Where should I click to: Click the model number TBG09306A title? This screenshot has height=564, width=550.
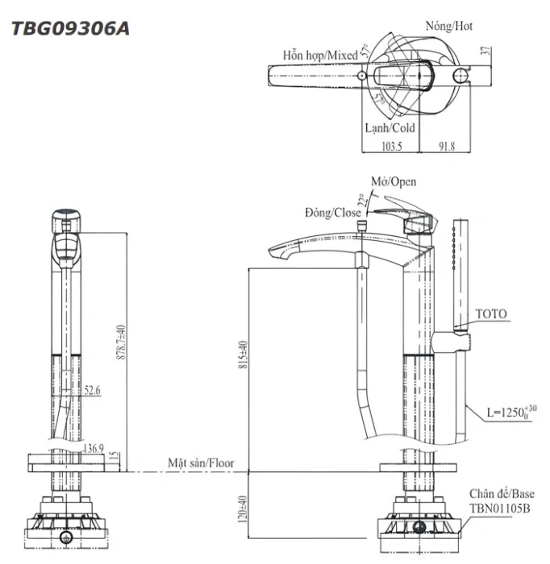70,28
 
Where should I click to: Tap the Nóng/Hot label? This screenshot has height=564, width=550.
449,26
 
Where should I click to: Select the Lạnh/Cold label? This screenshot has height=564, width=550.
390,127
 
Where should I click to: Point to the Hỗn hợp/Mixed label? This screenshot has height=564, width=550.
320,56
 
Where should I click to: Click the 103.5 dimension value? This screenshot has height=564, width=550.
392,147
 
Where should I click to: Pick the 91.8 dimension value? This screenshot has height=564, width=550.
446,147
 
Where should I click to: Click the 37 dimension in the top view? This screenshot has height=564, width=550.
486,51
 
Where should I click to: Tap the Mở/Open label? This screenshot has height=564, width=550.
394,181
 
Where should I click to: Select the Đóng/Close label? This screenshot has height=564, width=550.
332,213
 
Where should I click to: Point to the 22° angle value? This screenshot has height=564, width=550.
365,200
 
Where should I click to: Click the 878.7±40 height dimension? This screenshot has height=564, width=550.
121,342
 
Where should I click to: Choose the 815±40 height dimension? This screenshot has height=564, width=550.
244,355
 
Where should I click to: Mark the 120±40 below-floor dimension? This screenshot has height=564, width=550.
243,509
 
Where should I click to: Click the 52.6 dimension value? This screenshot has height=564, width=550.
92,390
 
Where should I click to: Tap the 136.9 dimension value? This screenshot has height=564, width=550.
94,448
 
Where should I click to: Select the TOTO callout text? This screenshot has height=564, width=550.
491,313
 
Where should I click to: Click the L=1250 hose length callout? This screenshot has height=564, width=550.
511,413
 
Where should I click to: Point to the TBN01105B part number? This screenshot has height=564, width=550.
500,508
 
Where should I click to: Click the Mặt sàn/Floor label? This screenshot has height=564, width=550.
201,463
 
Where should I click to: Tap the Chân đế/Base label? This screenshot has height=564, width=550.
502,493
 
